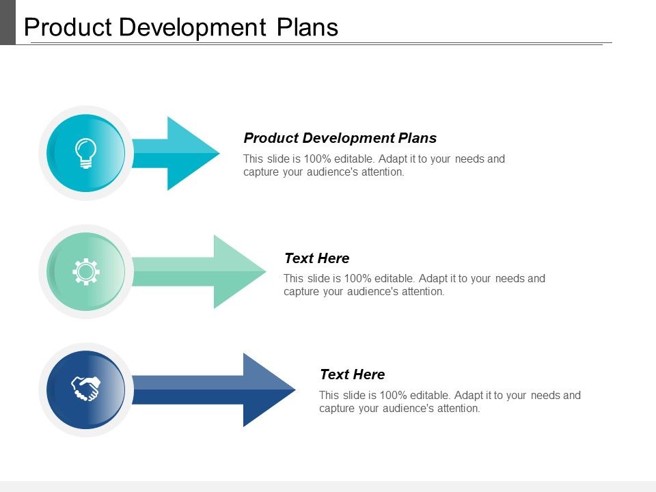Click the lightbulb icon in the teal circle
click(85, 153)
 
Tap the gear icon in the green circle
click(85, 272)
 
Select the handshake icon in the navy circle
click(85, 389)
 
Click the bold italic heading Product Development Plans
click(340, 138)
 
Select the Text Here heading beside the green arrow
click(316, 258)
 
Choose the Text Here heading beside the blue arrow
click(352, 374)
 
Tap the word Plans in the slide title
click(307, 27)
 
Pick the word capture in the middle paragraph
click(301, 292)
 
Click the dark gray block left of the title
click(8, 22)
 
